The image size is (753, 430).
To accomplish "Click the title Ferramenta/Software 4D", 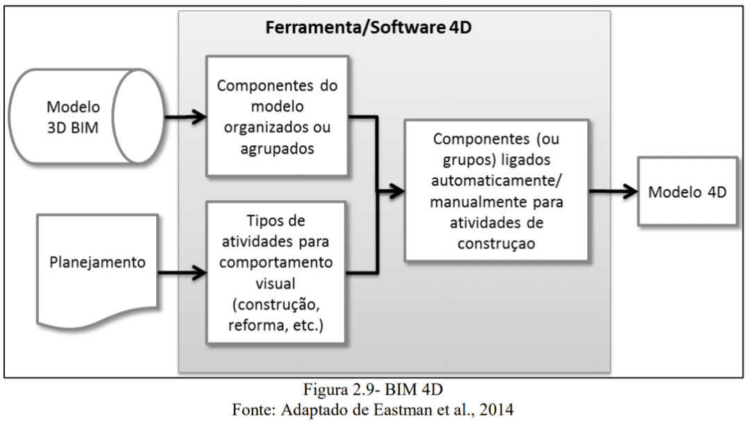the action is pos(369,27).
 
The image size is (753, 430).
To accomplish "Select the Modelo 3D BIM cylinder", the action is pos(87,116).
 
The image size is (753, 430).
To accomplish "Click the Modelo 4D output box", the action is pos(687,191).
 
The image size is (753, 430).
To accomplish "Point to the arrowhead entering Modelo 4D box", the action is pos(630,191).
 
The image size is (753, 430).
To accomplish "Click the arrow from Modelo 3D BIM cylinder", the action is pos(186,117).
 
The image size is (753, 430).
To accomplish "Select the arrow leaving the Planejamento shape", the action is pos(183,273).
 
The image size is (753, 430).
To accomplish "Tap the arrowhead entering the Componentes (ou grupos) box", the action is pos(397,191).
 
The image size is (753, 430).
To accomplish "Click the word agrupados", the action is pos(277,149).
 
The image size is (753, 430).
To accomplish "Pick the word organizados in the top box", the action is pos(262,127).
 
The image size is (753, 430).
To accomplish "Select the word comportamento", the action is pos(276,263).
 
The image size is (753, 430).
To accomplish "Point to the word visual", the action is pos(276,283).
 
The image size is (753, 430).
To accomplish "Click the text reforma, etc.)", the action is pos(276,325).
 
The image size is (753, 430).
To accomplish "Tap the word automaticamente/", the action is pos(496,181).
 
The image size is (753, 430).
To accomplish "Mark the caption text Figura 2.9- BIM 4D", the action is pos(373,389).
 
